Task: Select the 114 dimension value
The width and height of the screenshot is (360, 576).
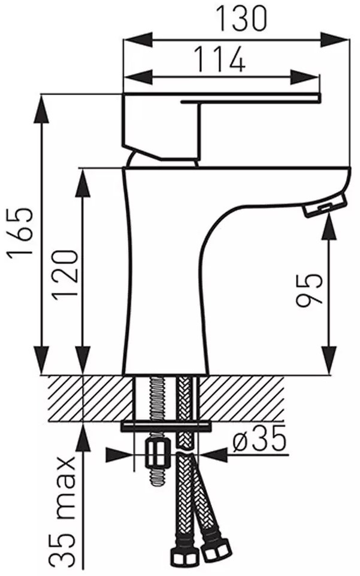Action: click(219, 59)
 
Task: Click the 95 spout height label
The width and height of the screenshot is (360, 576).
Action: click(309, 289)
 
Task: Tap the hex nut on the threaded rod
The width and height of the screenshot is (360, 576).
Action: click(156, 453)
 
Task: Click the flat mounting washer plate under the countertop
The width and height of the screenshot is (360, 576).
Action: click(167, 426)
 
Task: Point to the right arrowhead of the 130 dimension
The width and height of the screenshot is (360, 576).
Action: click(334, 40)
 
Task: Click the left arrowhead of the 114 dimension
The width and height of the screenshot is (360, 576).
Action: click(138, 77)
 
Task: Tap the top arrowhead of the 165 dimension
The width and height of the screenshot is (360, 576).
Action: click(41, 109)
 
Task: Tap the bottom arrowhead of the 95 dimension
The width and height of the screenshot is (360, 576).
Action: click(329, 360)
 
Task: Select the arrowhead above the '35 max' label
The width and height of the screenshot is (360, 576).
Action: click(83, 436)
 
